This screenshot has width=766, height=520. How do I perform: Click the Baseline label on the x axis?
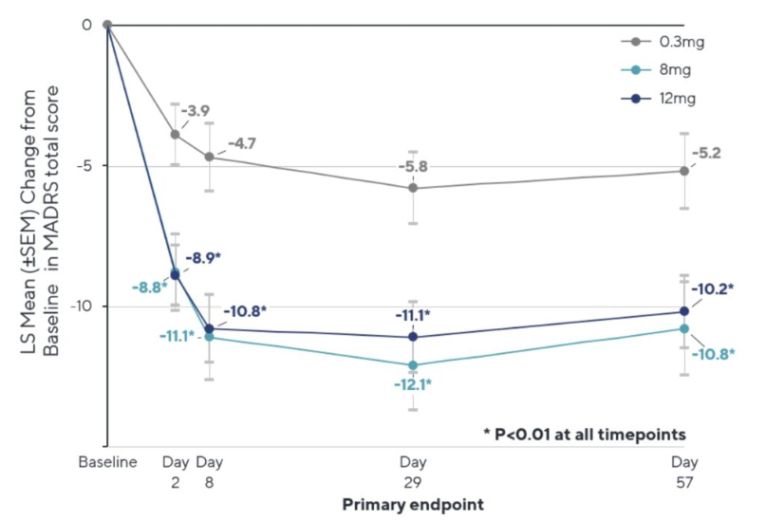[x=107, y=462]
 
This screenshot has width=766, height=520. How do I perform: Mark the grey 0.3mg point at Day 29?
[x=412, y=188]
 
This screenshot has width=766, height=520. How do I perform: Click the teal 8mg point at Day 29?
[x=412, y=364]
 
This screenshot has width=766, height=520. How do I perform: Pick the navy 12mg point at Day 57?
[x=684, y=311]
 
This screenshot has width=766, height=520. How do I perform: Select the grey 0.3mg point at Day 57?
[x=684, y=171]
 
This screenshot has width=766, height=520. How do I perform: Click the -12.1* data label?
[x=412, y=384]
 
